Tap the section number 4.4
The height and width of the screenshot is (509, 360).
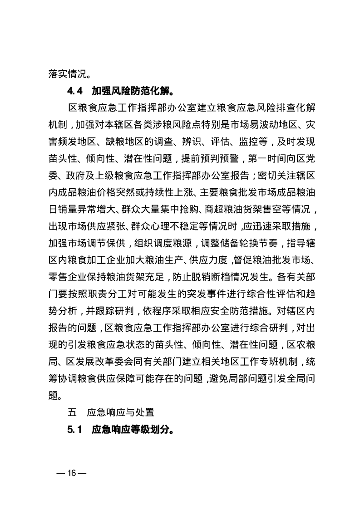coord(74,90)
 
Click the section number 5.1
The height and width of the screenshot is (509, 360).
coord(74,429)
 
